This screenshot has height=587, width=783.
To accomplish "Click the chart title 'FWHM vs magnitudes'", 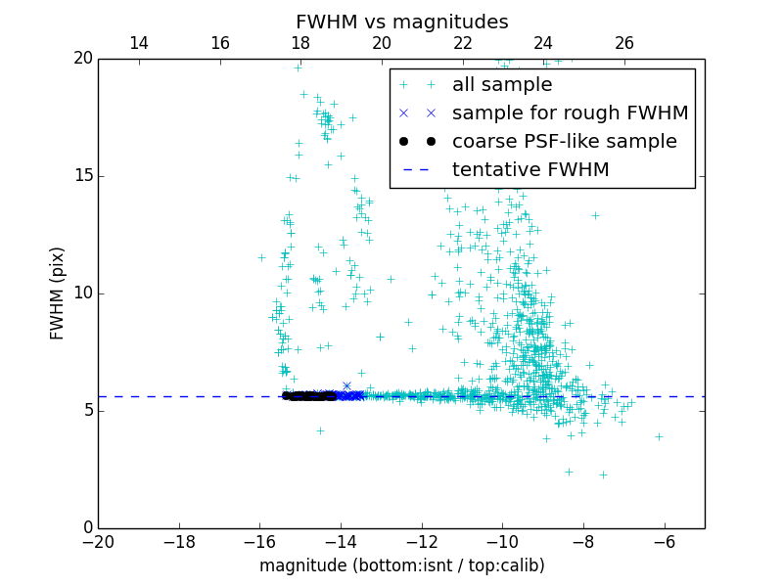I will coord(401,22).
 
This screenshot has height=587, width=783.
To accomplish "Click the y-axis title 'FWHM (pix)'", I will coord(58,293).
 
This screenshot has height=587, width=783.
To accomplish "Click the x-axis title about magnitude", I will coord(401,565).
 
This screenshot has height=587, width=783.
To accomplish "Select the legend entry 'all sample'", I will coord(501,85).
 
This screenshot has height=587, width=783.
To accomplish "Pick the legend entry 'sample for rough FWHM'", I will coord(570,113).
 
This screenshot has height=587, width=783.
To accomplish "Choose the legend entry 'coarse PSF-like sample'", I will coord(564,142).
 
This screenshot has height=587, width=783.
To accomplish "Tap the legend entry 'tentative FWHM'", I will coord(530,170).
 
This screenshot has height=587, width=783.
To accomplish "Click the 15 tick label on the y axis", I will coord(82,176).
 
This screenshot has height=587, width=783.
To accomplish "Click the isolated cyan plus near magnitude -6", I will coord(659,436).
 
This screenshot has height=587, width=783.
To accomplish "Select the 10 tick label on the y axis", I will coord(82,293).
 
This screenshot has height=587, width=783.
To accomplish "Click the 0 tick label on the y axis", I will coord(86,528).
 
